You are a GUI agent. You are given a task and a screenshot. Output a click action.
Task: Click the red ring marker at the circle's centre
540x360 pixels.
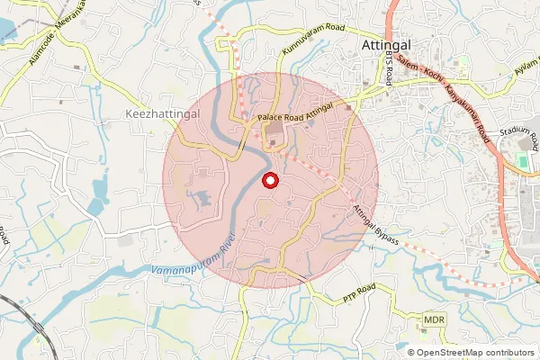tap(270, 181)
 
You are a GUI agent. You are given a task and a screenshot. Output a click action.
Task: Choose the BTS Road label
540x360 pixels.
tap(389, 67)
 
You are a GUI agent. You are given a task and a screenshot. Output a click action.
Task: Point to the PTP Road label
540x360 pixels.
tap(358, 292)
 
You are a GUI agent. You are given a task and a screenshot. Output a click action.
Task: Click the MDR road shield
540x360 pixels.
tap(434, 320)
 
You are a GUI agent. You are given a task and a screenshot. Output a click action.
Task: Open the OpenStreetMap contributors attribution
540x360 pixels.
tap(475, 353)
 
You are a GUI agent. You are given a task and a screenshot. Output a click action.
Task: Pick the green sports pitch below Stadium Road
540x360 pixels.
tap(522, 162)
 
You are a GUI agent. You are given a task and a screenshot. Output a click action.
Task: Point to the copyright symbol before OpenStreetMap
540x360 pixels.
tap(411, 353)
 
